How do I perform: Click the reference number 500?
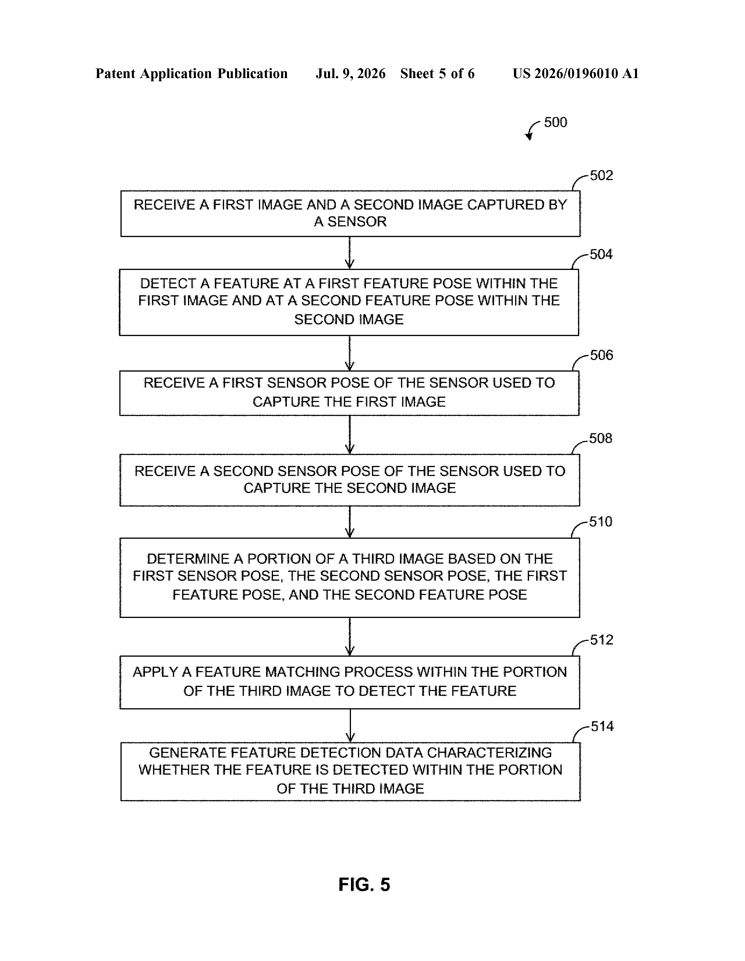tap(556, 122)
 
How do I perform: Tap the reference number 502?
tap(601, 176)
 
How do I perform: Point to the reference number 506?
tap(601, 355)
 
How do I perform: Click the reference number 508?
tap(600, 438)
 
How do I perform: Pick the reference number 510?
tap(600, 522)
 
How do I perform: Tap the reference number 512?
tap(601, 640)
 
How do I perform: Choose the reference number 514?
tap(602, 727)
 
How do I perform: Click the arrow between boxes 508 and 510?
tap(350, 522)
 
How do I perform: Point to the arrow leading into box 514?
tap(350, 726)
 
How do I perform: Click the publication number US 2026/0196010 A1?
tap(576, 73)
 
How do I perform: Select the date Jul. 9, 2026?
tap(350, 73)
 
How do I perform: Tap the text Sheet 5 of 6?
tap(438, 73)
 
